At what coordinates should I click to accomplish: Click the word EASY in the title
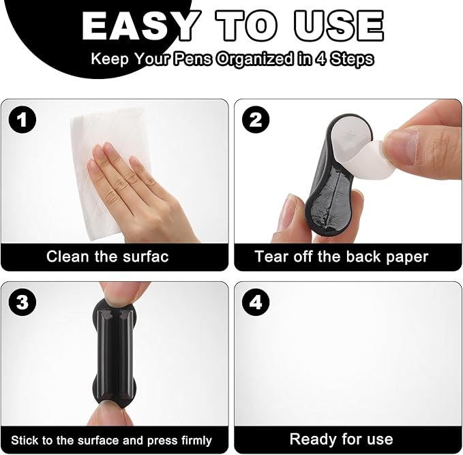pyautogui.click(x=140, y=26)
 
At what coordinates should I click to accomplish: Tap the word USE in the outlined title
pyautogui.click(x=339, y=26)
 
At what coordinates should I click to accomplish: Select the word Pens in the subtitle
pyautogui.click(x=192, y=59)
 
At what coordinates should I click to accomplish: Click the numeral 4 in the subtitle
pyautogui.click(x=321, y=59)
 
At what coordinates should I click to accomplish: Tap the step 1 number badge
pyautogui.click(x=22, y=120)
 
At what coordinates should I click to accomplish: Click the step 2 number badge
pyautogui.click(x=256, y=120)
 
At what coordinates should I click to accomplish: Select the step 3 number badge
pyautogui.click(x=22, y=302)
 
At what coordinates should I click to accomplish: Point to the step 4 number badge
pyautogui.click(x=256, y=302)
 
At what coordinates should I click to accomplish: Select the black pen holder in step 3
pyautogui.click(x=115, y=354)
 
